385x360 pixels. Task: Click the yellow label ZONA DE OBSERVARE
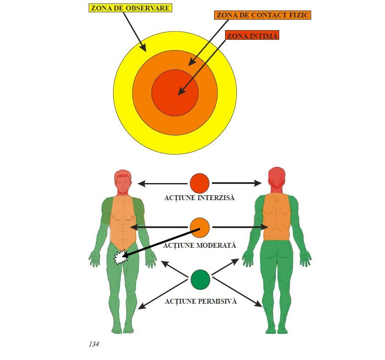(x=130, y=8)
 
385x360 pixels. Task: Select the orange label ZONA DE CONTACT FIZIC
(x=263, y=15)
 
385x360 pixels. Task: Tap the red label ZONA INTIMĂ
(x=252, y=36)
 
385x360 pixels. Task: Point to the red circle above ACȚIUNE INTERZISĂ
(x=200, y=183)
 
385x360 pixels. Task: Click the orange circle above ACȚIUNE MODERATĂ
(x=200, y=227)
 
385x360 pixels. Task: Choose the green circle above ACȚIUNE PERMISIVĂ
(x=200, y=280)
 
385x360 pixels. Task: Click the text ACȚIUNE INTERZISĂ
(x=199, y=198)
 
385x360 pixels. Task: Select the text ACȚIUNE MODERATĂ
(x=200, y=246)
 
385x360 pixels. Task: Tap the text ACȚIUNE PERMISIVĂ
(x=201, y=301)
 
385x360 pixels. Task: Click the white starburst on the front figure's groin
(x=119, y=258)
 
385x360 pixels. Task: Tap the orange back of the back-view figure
(x=276, y=216)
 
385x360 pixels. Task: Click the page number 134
(x=94, y=344)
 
